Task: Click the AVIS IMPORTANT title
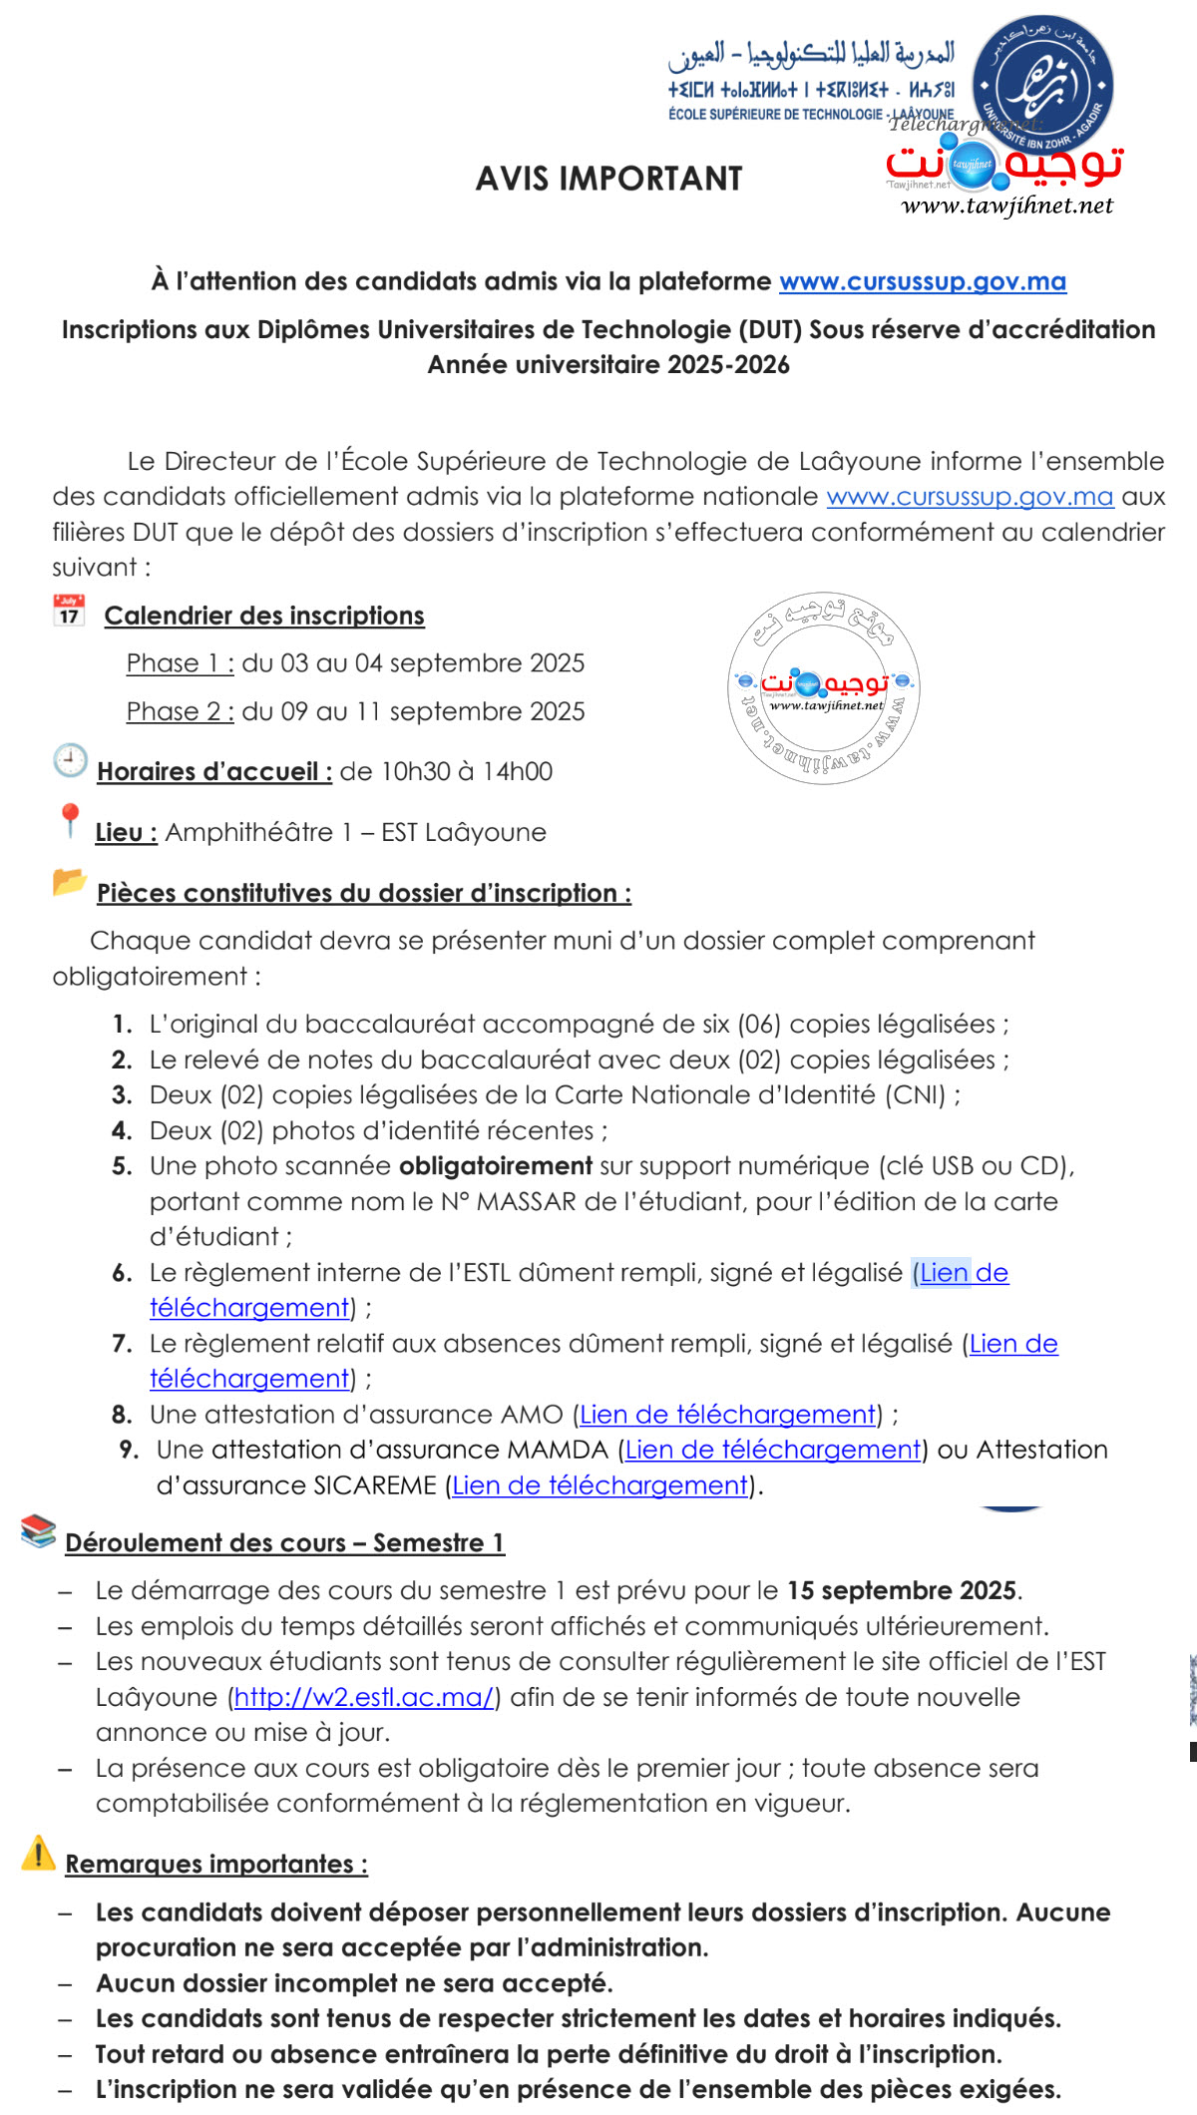click(x=608, y=179)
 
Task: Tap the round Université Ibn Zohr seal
click(x=1042, y=85)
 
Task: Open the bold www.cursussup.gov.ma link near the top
click(x=922, y=281)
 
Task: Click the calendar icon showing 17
click(x=69, y=611)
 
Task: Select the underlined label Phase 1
click(x=180, y=663)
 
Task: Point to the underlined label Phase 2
click(x=180, y=711)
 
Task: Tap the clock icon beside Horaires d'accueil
click(x=70, y=761)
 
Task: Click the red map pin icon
click(x=70, y=820)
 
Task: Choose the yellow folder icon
click(x=69, y=882)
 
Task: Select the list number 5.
click(x=122, y=1166)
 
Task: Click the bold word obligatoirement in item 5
click(x=496, y=1166)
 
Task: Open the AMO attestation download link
click(x=727, y=1415)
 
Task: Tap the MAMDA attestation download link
click(x=773, y=1450)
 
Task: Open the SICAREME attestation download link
click(x=600, y=1485)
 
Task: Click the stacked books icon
click(x=38, y=1531)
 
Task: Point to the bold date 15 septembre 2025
click(x=902, y=1590)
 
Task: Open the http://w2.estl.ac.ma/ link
click(x=364, y=1697)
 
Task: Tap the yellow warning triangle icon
click(x=38, y=1854)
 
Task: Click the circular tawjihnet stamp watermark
click(x=824, y=688)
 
